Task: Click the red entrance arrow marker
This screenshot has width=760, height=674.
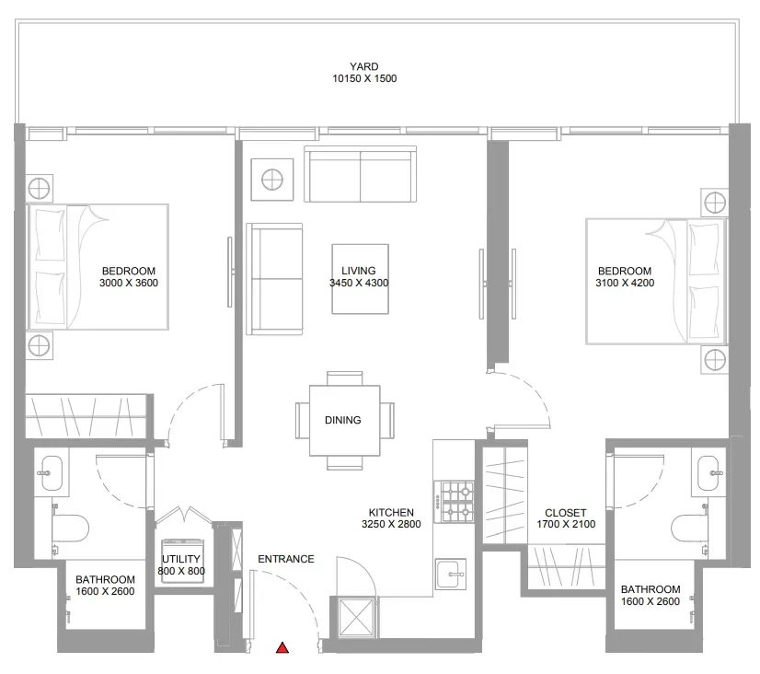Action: pos(282,647)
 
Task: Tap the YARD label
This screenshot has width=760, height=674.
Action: pos(364,66)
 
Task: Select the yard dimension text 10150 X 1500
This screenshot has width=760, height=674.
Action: pos(364,78)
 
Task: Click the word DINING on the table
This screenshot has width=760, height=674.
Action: pos(342,420)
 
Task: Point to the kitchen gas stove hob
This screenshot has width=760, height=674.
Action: pos(454,502)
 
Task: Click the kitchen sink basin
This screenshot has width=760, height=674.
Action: pos(451,575)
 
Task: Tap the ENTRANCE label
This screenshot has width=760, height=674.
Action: pos(286,559)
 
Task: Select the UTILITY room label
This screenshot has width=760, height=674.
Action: pos(180,559)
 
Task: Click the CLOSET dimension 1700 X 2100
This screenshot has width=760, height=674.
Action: pos(566,524)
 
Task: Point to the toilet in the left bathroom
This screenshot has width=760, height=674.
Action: pos(71,529)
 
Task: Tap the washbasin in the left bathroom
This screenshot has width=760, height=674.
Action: pos(51,472)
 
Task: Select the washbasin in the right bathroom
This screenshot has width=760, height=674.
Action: pos(708,472)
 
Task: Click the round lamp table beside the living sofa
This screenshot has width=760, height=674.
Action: pos(272,180)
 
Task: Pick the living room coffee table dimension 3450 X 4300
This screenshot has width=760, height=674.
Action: pos(359,284)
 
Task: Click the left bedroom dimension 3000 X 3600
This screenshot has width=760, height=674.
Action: pos(129,284)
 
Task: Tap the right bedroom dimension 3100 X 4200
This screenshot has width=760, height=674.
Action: pos(625,284)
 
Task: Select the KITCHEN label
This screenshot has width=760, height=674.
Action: pos(391,513)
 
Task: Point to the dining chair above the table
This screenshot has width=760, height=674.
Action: pos(345,378)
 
